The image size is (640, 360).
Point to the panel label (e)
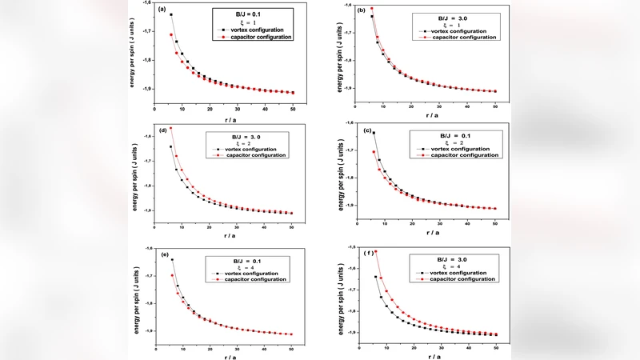coord(163,254)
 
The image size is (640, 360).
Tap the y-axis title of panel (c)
coord(342,170)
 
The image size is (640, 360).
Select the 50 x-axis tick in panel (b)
coord(496,106)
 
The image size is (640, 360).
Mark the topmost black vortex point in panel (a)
coord(170,14)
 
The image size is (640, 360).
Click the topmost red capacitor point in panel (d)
coord(170,128)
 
